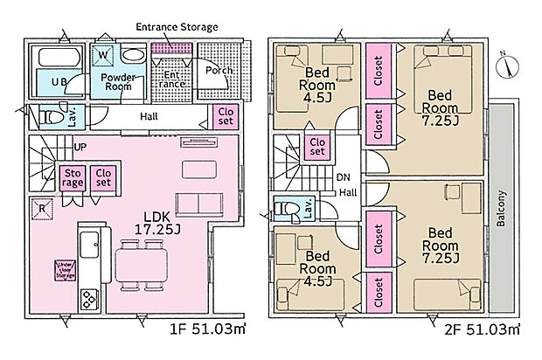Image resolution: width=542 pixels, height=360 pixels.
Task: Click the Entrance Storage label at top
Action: point(176,26)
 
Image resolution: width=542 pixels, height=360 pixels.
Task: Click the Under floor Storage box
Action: point(65,267)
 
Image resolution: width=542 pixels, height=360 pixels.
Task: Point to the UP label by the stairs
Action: point(80,147)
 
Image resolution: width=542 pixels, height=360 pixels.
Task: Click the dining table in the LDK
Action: point(143,261)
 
